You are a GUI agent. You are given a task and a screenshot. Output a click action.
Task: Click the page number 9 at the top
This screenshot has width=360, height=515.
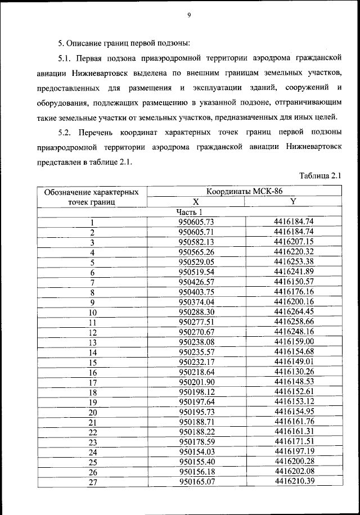tap(190, 16)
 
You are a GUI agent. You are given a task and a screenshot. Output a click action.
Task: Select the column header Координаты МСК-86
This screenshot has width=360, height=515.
tap(244, 192)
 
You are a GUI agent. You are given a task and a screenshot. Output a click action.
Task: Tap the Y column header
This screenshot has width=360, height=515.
tap(293, 201)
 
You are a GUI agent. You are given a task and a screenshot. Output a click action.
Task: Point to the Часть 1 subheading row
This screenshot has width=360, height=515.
tap(188, 211)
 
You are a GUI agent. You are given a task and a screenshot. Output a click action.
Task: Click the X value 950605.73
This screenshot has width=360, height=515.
tap(196, 222)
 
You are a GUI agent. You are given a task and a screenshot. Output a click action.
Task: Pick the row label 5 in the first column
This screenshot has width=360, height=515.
tap(92, 263)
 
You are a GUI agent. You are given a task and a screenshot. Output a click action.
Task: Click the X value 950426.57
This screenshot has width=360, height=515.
tap(196, 282)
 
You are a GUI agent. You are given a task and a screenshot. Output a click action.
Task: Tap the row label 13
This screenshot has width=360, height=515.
tap(92, 343)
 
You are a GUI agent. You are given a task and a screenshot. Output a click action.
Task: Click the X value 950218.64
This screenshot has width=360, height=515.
tap(196, 373)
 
